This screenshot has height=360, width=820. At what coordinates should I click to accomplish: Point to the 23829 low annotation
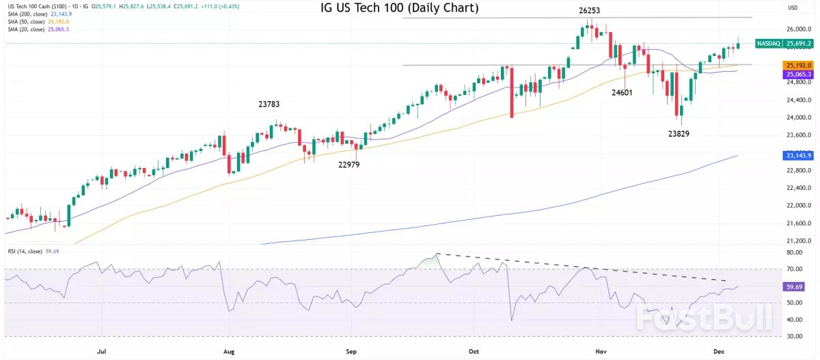click(x=683, y=134)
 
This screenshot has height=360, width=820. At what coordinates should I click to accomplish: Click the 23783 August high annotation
click(x=269, y=105)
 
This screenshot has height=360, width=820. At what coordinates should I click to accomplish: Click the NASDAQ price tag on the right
click(x=785, y=44)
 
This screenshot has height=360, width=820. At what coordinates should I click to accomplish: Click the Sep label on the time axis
click(x=352, y=351)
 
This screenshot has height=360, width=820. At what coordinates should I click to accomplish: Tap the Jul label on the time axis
click(x=101, y=351)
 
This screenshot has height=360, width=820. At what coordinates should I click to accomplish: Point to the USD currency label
click(x=793, y=8)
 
